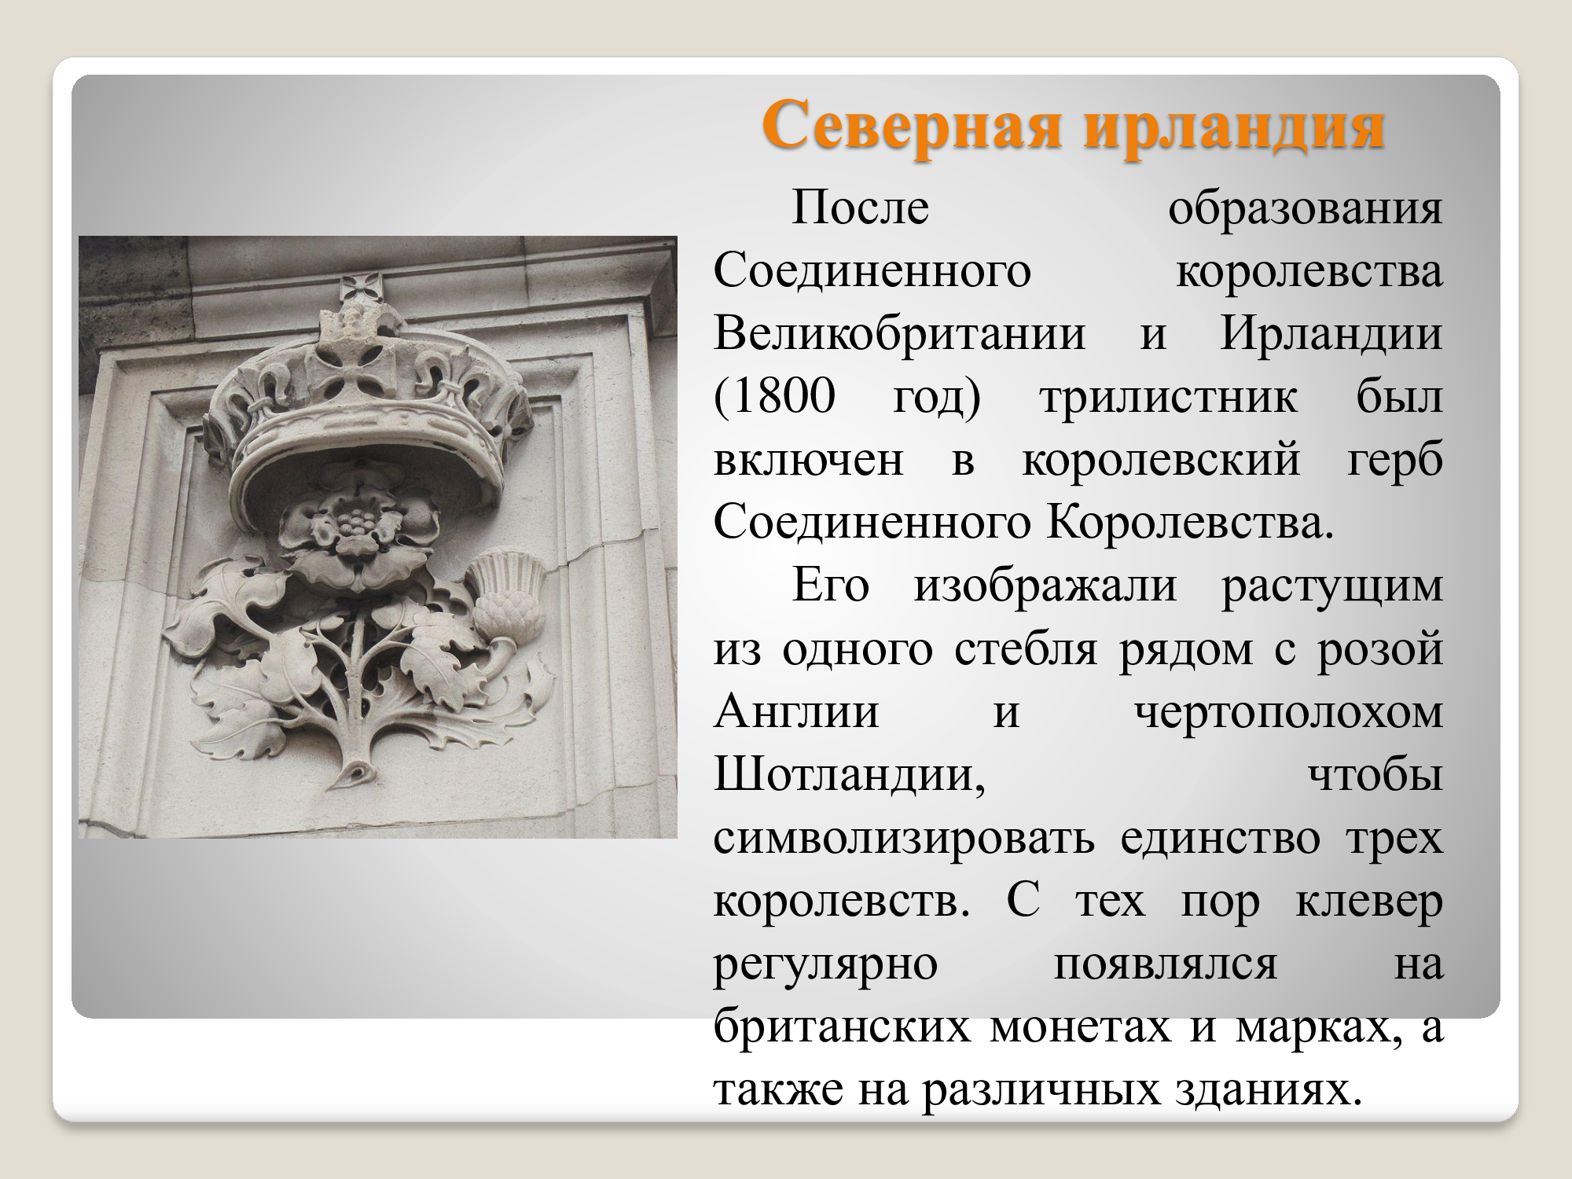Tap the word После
(860, 208)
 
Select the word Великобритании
(899, 333)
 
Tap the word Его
(831, 585)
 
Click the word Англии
(796, 711)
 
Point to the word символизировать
(904, 838)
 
